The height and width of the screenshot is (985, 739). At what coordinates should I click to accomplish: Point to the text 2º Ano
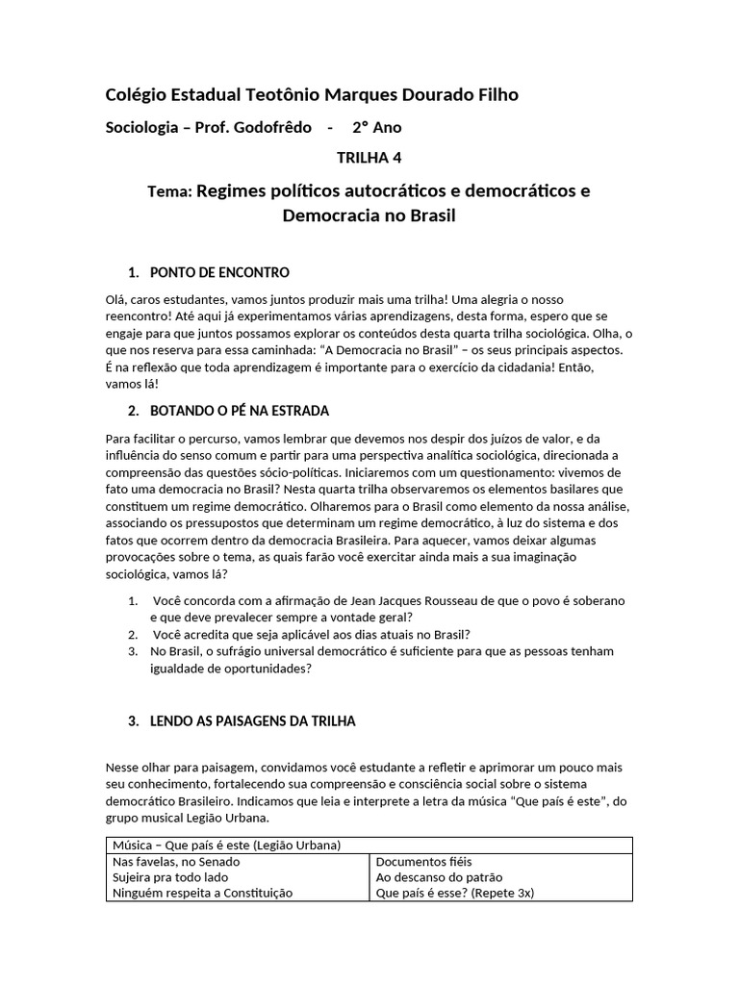(376, 127)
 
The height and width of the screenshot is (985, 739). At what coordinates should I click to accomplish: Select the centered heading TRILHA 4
(369, 159)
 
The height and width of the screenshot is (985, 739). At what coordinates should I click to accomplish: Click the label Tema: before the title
(169, 192)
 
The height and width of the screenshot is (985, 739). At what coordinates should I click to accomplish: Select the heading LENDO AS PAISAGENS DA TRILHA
(253, 720)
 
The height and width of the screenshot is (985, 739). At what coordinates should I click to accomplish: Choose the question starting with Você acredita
(312, 634)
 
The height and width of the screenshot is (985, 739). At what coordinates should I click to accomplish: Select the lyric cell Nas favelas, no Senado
(176, 862)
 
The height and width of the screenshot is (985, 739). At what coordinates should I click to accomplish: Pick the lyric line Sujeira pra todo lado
(170, 877)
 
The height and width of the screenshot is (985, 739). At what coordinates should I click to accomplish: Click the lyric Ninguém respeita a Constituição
(202, 893)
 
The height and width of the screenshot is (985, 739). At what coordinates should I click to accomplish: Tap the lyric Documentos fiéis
(423, 862)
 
